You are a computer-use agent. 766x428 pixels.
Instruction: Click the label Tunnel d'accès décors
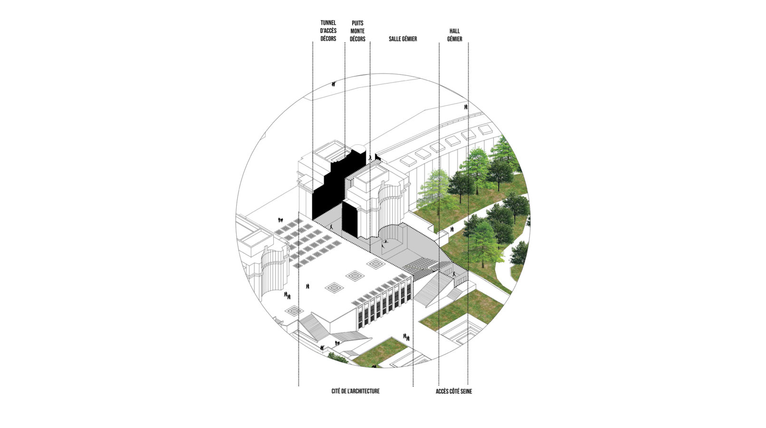328,31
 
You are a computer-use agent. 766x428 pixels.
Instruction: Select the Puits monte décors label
357,31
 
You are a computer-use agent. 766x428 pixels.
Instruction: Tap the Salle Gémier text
403,39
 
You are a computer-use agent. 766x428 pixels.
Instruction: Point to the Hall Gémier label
454,35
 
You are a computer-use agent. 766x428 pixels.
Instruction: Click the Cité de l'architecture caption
355,391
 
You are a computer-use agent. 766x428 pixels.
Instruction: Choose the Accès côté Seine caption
454,391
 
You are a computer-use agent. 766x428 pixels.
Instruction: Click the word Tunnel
328,23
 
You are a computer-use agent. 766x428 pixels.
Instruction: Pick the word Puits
357,23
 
